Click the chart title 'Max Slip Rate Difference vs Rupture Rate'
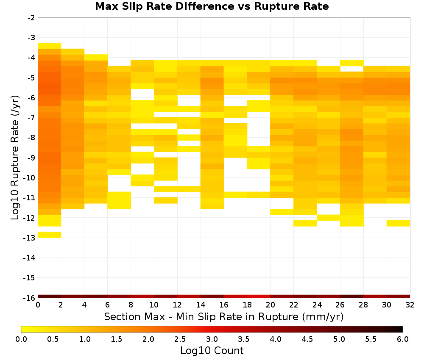click(x=212, y=6)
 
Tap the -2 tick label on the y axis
click(x=32, y=18)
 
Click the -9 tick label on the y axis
click(x=32, y=158)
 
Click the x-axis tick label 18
click(x=247, y=305)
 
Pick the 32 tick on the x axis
click(x=410, y=305)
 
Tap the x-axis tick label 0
click(x=38, y=305)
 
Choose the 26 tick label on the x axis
click(x=340, y=305)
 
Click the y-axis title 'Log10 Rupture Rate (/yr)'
click(x=15, y=158)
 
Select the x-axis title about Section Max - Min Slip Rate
click(x=224, y=317)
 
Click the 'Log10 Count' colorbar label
click(x=212, y=351)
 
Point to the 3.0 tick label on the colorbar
click(x=212, y=339)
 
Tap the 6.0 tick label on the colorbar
click(x=403, y=339)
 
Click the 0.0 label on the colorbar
click(x=21, y=339)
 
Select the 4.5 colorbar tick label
click(x=307, y=339)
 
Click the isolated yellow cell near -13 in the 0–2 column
click(x=50, y=235)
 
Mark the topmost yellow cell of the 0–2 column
click(x=50, y=46)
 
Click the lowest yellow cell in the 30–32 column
click(x=398, y=223)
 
